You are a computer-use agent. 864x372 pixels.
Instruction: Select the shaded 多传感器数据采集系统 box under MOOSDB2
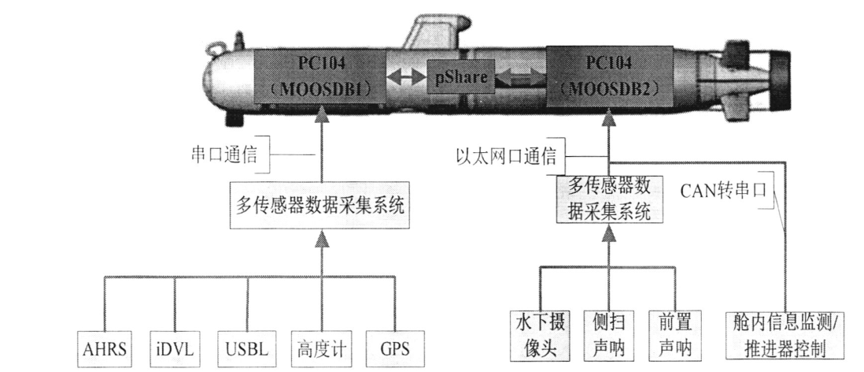point(604,199)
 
